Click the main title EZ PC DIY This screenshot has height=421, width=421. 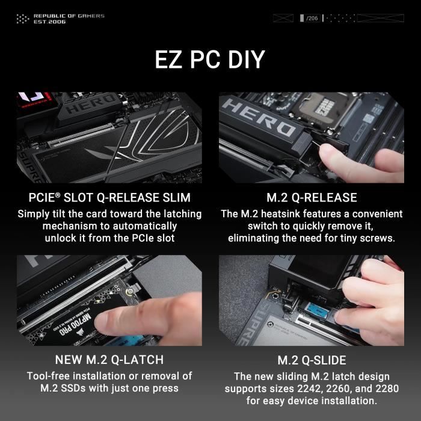pyautogui.click(x=210, y=60)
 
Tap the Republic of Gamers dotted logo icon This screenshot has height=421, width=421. pyautogui.click(x=22, y=19)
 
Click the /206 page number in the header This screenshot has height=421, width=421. pyautogui.click(x=312, y=19)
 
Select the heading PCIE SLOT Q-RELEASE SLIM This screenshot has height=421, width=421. pyautogui.click(x=109, y=198)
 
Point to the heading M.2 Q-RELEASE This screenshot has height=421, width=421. pyautogui.click(x=312, y=198)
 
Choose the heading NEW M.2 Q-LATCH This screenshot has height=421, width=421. pyautogui.click(x=109, y=360)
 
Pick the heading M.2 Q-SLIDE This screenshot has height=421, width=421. pyautogui.click(x=312, y=360)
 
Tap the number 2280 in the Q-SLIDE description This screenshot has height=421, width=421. pyautogui.click(x=380, y=389)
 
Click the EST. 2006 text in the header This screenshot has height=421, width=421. pyautogui.click(x=50, y=22)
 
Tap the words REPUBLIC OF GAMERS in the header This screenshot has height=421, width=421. pyautogui.click(x=69, y=16)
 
